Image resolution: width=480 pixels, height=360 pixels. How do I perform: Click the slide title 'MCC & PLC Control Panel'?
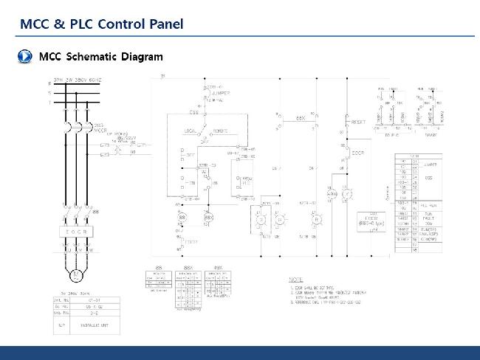click(x=101, y=24)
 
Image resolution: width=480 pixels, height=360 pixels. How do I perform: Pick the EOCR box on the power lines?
click(x=75, y=232)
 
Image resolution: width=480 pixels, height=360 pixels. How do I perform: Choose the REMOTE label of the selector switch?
click(x=221, y=131)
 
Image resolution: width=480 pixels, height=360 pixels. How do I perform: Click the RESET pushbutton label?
click(x=358, y=122)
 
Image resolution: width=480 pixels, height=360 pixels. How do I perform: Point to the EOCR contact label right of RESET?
click(x=358, y=153)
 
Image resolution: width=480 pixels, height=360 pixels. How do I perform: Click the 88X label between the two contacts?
click(x=301, y=118)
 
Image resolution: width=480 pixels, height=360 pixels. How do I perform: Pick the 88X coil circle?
click(x=208, y=218)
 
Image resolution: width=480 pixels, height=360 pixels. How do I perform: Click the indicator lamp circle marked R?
click(x=316, y=219)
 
